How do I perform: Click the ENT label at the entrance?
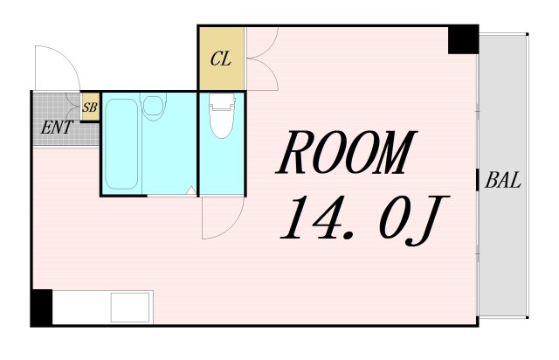pyautogui.click(x=57, y=127)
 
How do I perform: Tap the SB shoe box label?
pyautogui.click(x=89, y=109)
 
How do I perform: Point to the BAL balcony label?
pyautogui.click(x=504, y=182)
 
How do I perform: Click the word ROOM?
pyautogui.click(x=344, y=156)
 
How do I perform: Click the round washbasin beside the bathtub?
pyautogui.click(x=155, y=109)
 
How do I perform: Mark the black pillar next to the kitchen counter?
pyautogui.click(x=41, y=307)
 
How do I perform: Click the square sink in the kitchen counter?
pyautogui.click(x=130, y=308)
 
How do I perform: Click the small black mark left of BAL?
pyautogui.click(x=478, y=182)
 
